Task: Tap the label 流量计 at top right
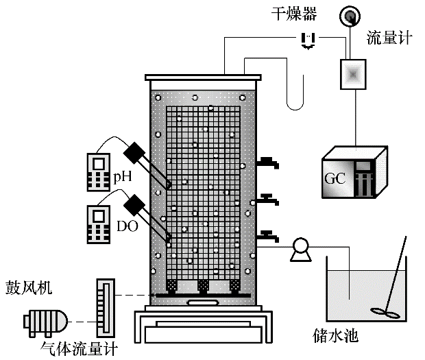pyautogui.click(x=389, y=38)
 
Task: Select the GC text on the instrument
pyautogui.click(x=337, y=180)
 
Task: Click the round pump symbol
pyautogui.click(x=300, y=250)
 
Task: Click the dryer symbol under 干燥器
pyautogui.click(x=310, y=40)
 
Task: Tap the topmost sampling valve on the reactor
pyautogui.click(x=269, y=163)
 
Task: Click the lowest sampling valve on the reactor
pyautogui.click(x=269, y=237)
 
